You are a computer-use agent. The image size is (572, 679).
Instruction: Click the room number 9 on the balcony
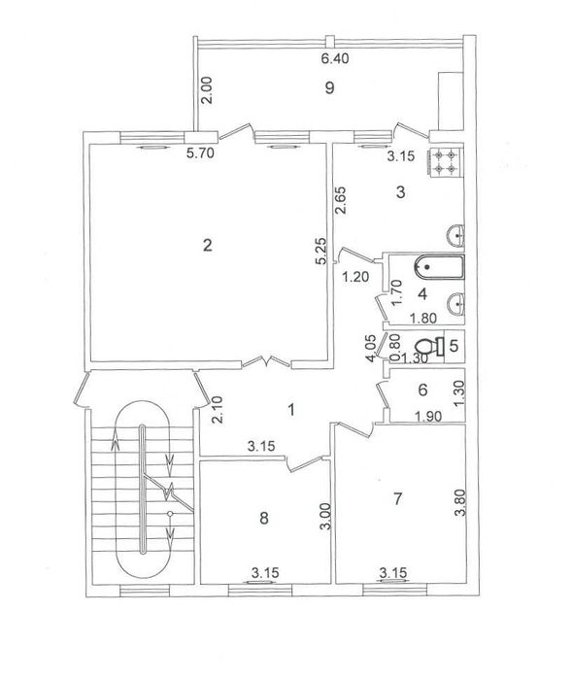[x=329, y=87]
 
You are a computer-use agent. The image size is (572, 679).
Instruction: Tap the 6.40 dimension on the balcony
[x=335, y=58]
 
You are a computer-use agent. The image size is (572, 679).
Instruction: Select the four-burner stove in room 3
[x=446, y=162]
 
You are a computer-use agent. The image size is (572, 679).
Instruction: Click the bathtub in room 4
[x=439, y=267]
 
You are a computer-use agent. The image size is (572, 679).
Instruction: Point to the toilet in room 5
[x=429, y=347]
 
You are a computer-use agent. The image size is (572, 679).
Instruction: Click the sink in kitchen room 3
[x=455, y=236]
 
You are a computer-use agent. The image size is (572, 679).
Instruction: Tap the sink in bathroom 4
[x=455, y=303]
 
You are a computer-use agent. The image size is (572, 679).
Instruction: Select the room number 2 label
[x=208, y=246]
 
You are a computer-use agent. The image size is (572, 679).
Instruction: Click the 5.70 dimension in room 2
[x=200, y=153]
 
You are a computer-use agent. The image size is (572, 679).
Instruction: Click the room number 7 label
[x=397, y=499]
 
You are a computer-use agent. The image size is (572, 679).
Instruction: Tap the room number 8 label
[x=264, y=518]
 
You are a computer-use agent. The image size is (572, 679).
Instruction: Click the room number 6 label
[x=422, y=390]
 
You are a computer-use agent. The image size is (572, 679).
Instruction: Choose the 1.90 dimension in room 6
[x=428, y=417]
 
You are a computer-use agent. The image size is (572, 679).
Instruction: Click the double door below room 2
[x=266, y=362]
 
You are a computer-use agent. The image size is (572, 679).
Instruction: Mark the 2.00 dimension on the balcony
[x=208, y=90]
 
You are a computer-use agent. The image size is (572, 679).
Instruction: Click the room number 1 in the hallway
[x=291, y=409]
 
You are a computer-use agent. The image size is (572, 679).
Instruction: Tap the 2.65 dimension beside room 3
[x=340, y=200]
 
